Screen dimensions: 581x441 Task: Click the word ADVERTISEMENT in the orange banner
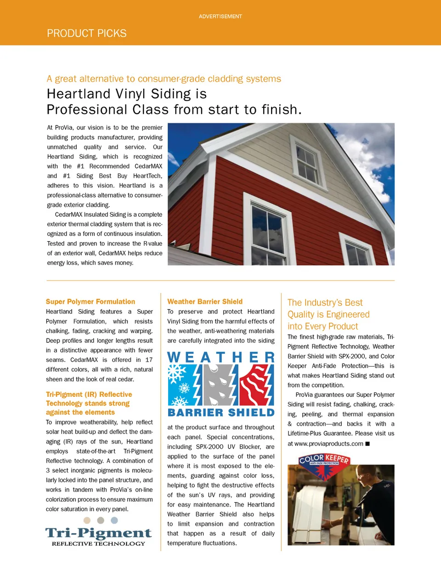click(x=220, y=17)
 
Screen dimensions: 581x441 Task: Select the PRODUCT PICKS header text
click(x=86, y=34)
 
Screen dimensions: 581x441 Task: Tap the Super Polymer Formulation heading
click(x=90, y=302)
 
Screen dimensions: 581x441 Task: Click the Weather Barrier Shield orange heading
click(x=205, y=302)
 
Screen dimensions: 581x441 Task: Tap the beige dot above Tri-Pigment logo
click(x=87, y=520)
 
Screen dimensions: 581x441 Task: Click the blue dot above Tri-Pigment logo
click(x=114, y=520)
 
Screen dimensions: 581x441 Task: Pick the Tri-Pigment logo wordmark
click(x=98, y=533)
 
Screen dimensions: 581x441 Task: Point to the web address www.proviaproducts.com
click(x=328, y=444)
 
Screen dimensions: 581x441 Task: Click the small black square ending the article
click(x=367, y=444)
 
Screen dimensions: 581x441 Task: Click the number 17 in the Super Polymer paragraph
click(x=149, y=360)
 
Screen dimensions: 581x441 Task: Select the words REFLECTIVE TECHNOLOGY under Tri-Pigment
click(x=98, y=544)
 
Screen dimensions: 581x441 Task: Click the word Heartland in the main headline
click(x=79, y=94)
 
